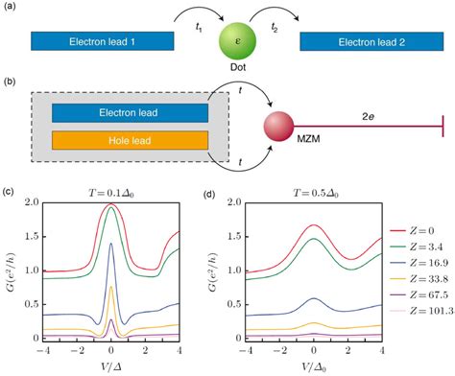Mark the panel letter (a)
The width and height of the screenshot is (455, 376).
pyautogui.click(x=12, y=9)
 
